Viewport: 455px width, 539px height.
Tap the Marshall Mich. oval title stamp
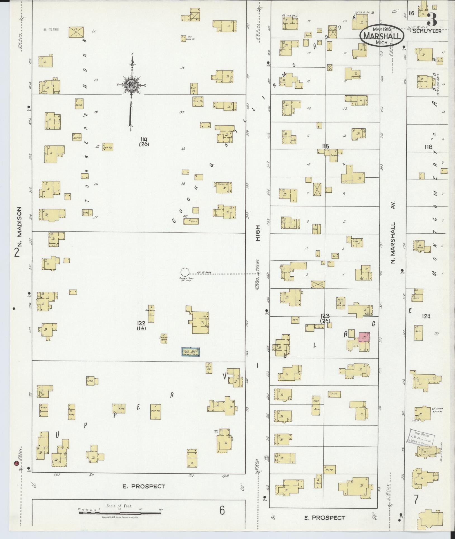pyautogui.click(x=382, y=36)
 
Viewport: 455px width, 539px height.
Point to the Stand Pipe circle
pyautogui.click(x=184, y=272)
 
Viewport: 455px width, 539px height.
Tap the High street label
pyautogui.click(x=258, y=233)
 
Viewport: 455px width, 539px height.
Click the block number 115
pyautogui.click(x=325, y=146)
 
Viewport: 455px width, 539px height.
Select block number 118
pyautogui.click(x=428, y=147)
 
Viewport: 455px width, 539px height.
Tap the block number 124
pyautogui.click(x=426, y=317)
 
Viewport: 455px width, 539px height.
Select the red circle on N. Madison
pyautogui.click(x=16, y=463)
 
